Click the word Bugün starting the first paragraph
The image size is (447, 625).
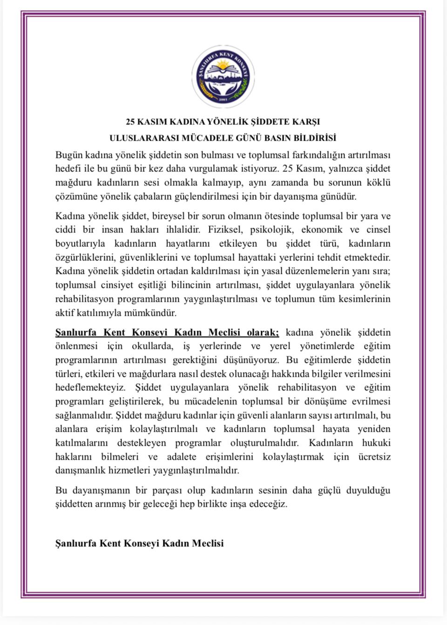pyautogui.click(x=68, y=155)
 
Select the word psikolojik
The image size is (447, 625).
pyautogui.click(x=271, y=230)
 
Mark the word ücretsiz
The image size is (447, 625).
pyautogui.click(x=375, y=457)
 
